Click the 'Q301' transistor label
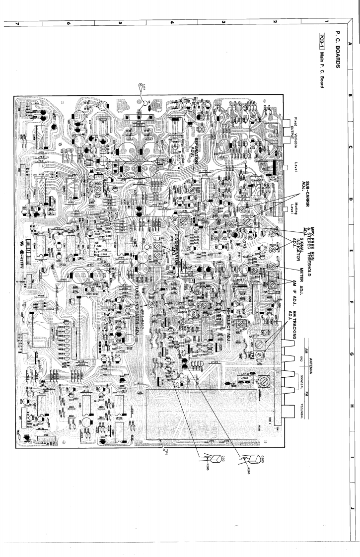[208, 463]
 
